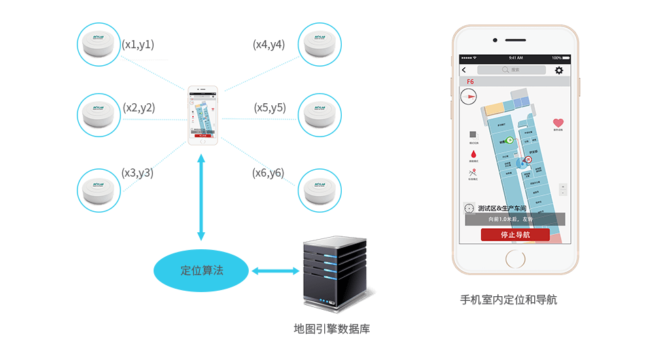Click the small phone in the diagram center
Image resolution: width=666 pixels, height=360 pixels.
point(203,115)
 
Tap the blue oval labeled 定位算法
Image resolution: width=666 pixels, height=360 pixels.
point(201,270)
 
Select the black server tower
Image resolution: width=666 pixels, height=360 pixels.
point(330,274)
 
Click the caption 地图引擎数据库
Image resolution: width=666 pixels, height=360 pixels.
point(331,329)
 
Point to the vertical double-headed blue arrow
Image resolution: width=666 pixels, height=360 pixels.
point(201,198)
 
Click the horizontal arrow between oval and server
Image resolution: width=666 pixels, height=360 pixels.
point(276,271)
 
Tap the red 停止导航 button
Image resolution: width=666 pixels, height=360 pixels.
point(515,235)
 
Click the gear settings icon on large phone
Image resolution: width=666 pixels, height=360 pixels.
point(559,70)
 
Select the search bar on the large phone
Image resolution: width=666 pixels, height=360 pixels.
point(511,70)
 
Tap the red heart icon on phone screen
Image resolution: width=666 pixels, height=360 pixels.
point(557,123)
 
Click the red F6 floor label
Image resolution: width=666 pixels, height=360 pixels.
point(470,82)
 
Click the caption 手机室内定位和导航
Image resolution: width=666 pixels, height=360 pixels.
point(508,299)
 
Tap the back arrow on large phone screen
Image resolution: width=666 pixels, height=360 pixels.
point(464,70)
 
